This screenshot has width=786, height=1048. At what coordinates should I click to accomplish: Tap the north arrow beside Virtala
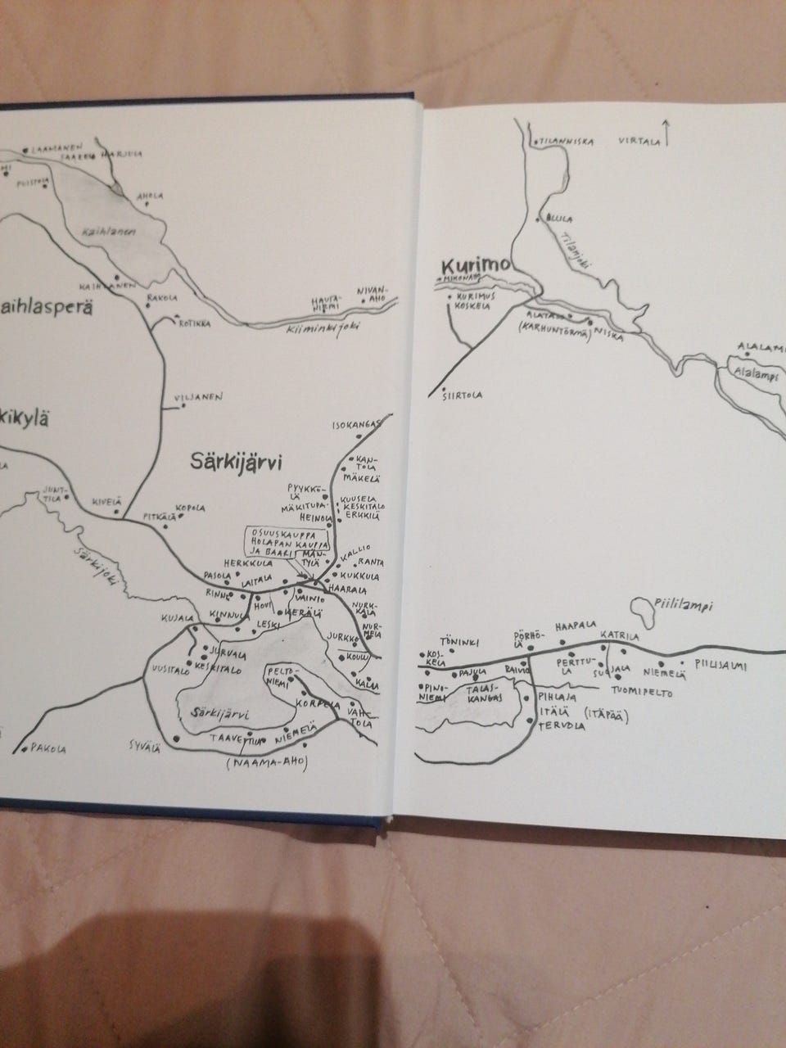[x=668, y=132]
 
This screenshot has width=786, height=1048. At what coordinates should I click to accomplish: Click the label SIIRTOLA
[x=463, y=395]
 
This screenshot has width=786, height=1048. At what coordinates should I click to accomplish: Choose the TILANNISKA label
[x=565, y=142]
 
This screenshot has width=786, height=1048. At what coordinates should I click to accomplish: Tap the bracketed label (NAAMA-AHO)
[x=263, y=763]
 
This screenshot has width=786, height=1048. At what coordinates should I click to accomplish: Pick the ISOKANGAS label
[x=357, y=426]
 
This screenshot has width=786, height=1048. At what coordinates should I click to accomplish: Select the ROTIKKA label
[x=195, y=324]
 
